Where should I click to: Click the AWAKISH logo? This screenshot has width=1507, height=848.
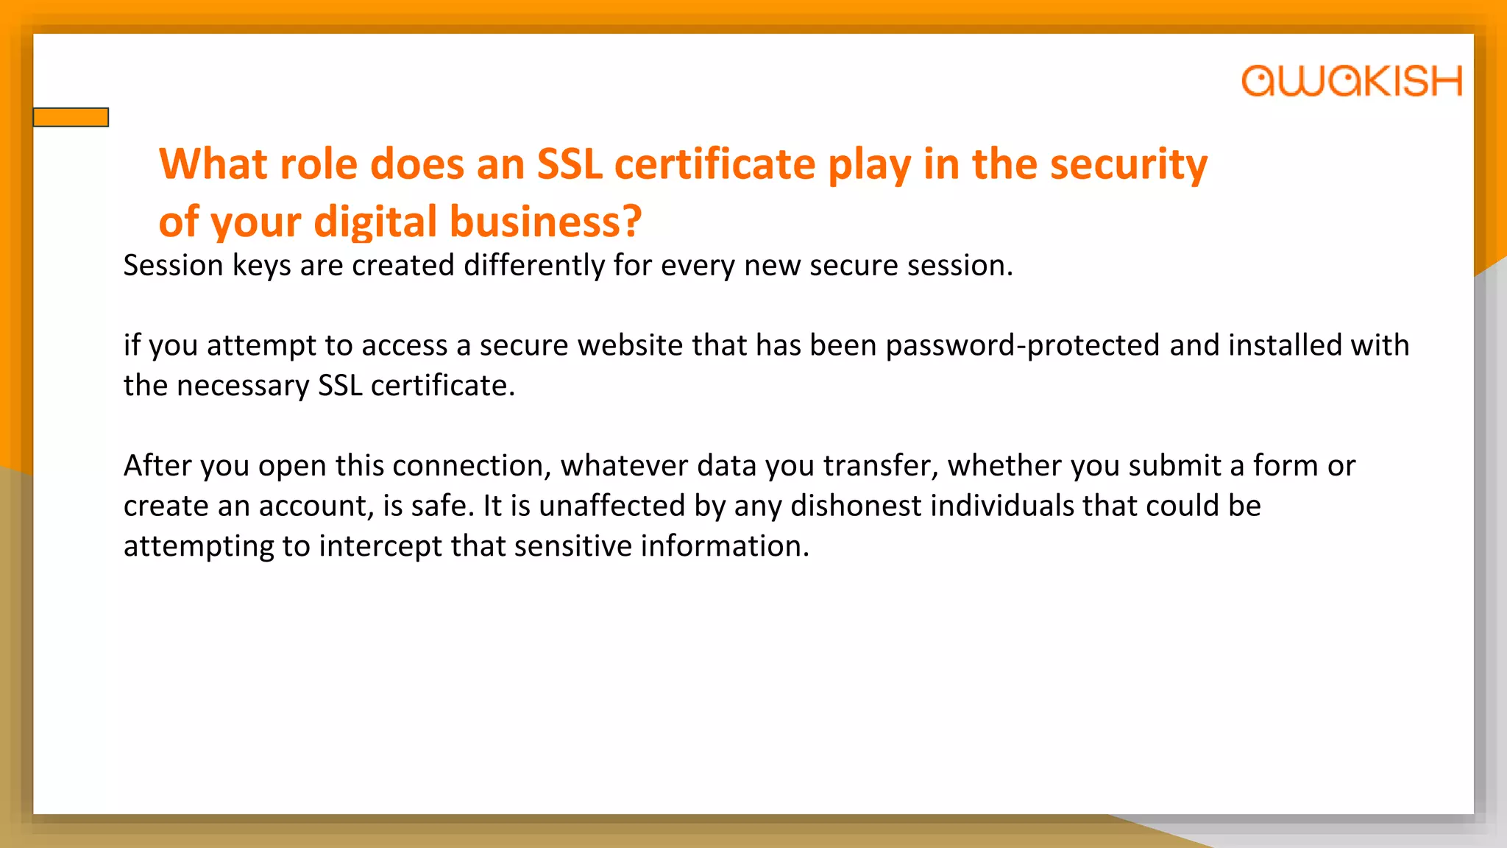1351,81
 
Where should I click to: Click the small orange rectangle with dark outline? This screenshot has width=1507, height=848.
71,117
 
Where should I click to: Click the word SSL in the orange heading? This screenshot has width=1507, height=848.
570,163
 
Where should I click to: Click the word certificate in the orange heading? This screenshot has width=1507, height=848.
715,163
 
